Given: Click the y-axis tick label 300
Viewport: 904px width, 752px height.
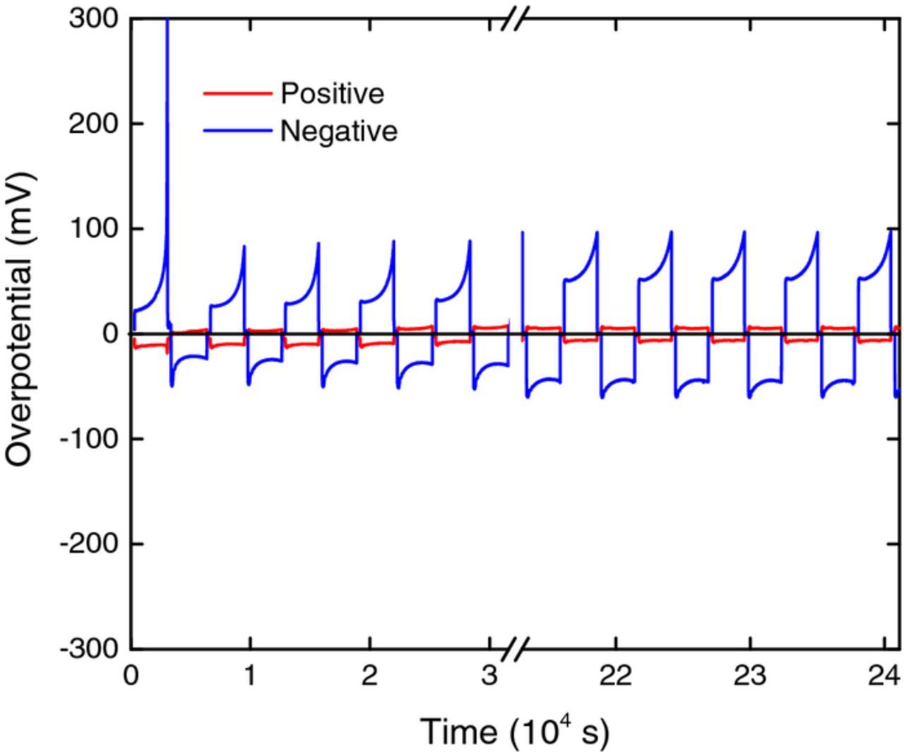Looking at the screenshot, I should click(94, 18).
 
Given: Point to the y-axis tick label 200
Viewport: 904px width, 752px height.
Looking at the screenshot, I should click(94, 124).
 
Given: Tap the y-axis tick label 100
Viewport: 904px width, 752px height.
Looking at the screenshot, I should click(94, 228).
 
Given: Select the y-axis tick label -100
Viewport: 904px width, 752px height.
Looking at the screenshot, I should click(89, 439).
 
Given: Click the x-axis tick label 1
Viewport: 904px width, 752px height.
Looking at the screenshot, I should click(250, 676).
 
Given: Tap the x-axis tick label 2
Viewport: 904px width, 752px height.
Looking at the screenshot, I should click(369, 676).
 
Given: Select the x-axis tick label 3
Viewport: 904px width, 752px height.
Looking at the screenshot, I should click(489, 676).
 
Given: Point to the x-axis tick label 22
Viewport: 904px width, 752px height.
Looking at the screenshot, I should click(617, 676).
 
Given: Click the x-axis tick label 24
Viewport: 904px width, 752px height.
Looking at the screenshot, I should click(883, 676).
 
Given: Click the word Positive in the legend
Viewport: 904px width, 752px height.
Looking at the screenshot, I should click(332, 93).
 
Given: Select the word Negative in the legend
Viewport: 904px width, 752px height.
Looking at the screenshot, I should click(338, 131).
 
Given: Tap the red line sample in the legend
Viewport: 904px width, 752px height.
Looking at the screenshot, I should click(237, 93).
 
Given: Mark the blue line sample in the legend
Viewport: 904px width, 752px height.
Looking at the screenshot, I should click(237, 131).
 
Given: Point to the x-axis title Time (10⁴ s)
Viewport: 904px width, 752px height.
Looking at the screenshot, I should click(513, 731).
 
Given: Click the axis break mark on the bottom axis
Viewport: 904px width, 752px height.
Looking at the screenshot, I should click(516, 649).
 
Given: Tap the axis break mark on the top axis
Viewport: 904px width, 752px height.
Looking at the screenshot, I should click(516, 18).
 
